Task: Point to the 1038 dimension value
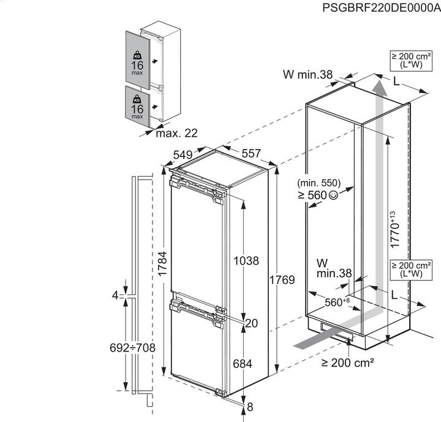(246, 261)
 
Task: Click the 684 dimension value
(243, 364)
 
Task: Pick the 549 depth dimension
(183, 154)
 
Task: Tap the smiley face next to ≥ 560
(333, 196)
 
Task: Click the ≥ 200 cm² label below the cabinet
(348, 363)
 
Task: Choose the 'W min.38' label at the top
(307, 75)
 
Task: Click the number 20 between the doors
(251, 323)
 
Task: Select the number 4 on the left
(115, 296)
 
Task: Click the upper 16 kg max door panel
(137, 57)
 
